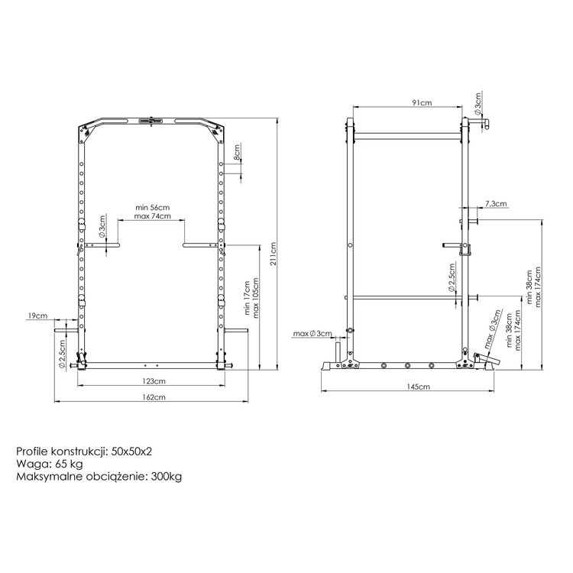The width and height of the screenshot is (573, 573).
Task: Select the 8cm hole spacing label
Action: click(x=238, y=156)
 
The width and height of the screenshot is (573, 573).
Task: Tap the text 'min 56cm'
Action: click(x=152, y=207)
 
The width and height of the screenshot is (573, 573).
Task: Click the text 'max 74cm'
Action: click(x=152, y=216)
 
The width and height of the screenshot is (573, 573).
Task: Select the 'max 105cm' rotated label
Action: click(x=257, y=294)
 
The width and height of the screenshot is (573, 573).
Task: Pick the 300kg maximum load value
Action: click(x=165, y=477)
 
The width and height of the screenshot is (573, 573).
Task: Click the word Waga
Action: click(x=30, y=465)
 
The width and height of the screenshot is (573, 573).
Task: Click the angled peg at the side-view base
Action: click(x=487, y=357)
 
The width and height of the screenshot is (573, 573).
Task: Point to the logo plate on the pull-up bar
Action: click(x=151, y=119)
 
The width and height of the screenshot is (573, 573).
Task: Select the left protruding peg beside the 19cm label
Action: click(x=64, y=330)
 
